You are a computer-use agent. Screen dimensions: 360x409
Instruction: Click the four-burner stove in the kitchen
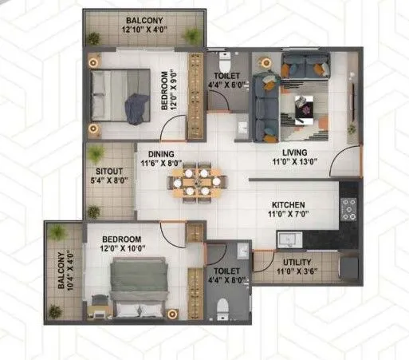349,208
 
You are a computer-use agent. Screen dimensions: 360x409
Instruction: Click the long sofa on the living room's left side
264,101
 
